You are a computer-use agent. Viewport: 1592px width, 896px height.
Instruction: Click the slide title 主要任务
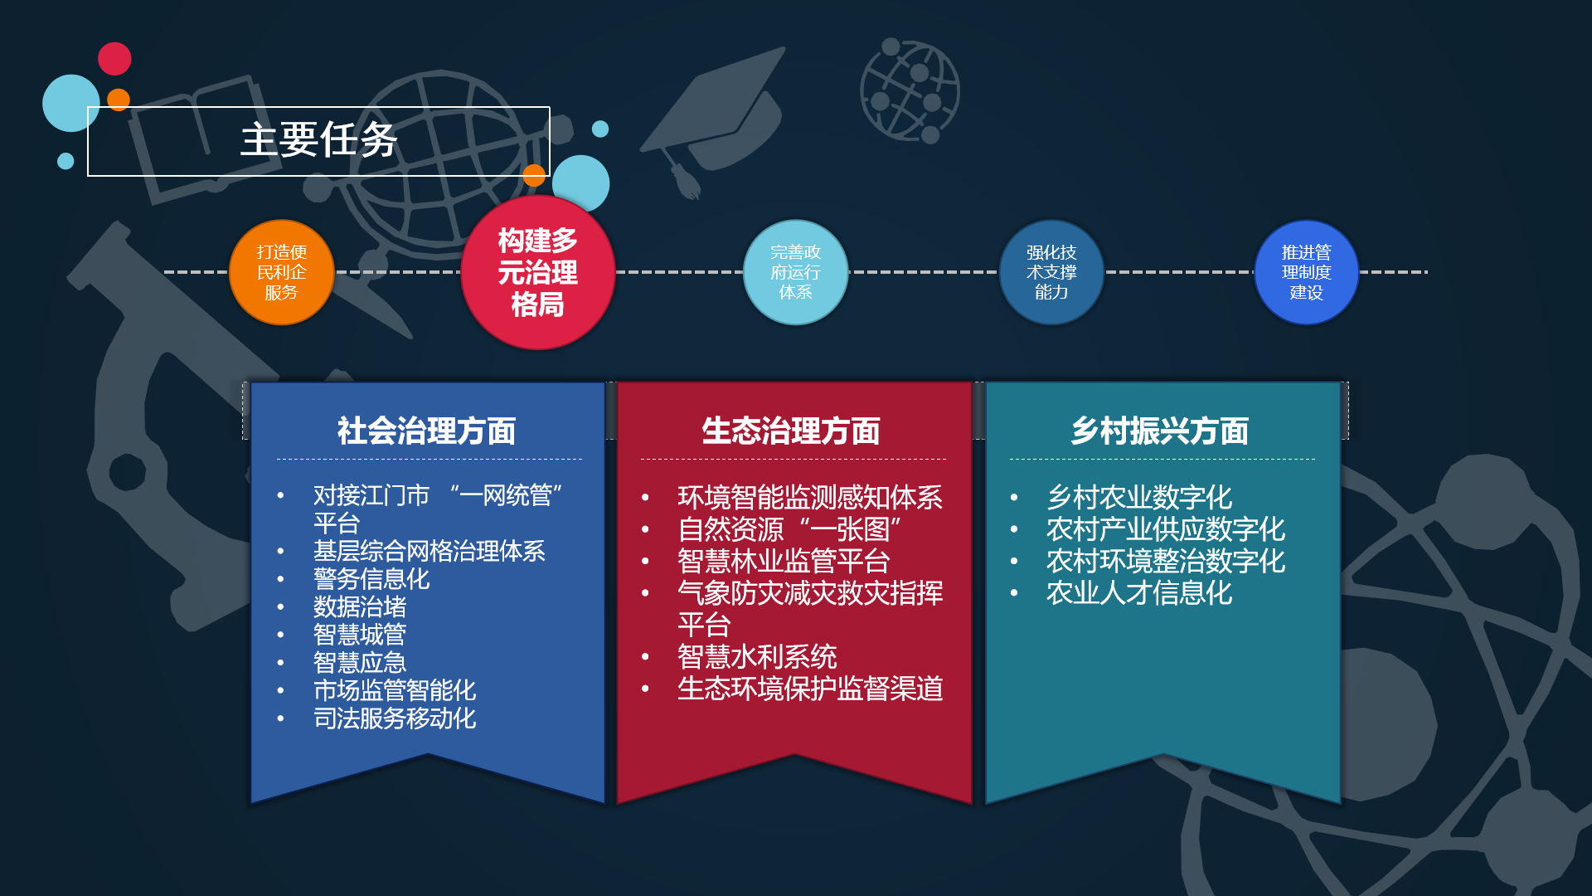coord(319,139)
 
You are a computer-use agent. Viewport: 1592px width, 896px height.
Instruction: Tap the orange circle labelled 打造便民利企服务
coord(281,272)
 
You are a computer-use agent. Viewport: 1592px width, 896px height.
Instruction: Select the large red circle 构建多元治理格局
coord(538,272)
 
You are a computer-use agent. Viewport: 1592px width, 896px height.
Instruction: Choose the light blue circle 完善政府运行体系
coord(795,272)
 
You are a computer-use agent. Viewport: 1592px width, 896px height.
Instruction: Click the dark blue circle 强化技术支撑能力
coord(1051,272)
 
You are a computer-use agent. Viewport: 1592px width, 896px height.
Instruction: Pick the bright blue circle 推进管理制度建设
coord(1307,272)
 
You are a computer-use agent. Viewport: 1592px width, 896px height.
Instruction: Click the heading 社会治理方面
coord(427,431)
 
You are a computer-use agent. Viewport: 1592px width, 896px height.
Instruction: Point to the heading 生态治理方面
coord(791,431)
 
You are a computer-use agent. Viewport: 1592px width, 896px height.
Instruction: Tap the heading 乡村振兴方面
coord(1160,431)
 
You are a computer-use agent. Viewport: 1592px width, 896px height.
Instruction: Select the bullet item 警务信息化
coord(371,579)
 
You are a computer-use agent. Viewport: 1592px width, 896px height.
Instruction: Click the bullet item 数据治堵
coord(360,607)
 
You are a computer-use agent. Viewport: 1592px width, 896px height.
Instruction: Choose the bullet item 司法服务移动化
coord(395,718)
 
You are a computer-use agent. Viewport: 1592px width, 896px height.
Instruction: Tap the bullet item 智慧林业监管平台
coord(784,562)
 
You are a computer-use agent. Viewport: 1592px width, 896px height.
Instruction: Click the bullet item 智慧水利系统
coord(757,657)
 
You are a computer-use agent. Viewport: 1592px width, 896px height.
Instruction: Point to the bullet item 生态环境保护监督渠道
coord(810,689)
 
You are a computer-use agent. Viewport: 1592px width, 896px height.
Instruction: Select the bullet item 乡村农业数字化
coord(1139,498)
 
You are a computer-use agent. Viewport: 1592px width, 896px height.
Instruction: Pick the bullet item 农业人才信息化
coord(1139,593)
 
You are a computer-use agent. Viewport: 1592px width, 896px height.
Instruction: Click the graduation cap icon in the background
coord(713,120)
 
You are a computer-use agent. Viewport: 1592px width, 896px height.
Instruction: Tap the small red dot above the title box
coord(114,59)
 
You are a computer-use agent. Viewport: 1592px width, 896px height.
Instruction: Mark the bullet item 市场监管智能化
coord(395,690)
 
